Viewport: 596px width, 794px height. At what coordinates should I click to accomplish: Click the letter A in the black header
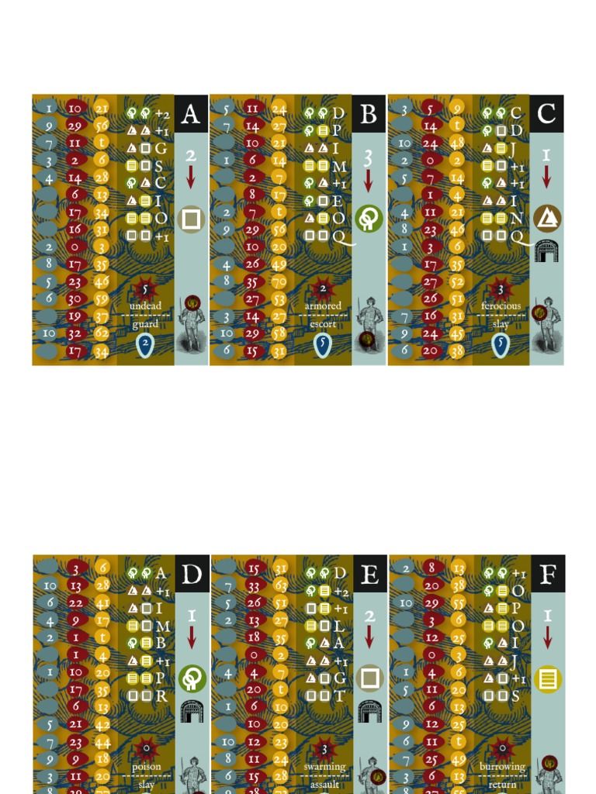pyautogui.click(x=191, y=114)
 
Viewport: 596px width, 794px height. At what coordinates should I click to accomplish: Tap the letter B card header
pyautogui.click(x=369, y=114)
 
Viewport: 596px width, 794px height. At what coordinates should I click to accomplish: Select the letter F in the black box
pyautogui.click(x=548, y=575)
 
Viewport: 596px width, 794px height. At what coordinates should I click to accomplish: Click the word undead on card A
pyautogui.click(x=146, y=306)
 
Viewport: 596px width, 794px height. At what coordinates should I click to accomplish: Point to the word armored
pyautogui.click(x=323, y=306)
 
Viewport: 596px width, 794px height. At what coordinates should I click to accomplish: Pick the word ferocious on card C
pyautogui.click(x=501, y=306)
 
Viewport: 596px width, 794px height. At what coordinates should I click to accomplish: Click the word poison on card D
pyautogui.click(x=146, y=766)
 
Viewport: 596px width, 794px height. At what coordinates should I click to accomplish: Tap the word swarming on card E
pyautogui.click(x=324, y=766)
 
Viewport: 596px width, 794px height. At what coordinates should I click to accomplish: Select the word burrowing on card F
pyautogui.click(x=502, y=766)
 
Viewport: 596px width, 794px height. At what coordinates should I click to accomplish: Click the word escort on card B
pyautogui.click(x=323, y=324)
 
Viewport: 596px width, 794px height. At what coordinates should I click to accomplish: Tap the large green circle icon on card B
pyautogui.click(x=369, y=219)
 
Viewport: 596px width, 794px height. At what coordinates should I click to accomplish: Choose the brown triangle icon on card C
pyautogui.click(x=547, y=219)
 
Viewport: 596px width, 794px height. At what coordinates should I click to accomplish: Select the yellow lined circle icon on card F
pyautogui.click(x=548, y=680)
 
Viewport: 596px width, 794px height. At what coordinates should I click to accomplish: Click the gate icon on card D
pyautogui.click(x=191, y=711)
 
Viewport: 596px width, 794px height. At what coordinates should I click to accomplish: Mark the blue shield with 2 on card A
pyautogui.click(x=145, y=345)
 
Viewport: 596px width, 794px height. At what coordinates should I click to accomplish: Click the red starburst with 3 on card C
pyautogui.click(x=501, y=289)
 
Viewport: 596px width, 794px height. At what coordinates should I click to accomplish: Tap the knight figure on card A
pyautogui.click(x=191, y=322)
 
